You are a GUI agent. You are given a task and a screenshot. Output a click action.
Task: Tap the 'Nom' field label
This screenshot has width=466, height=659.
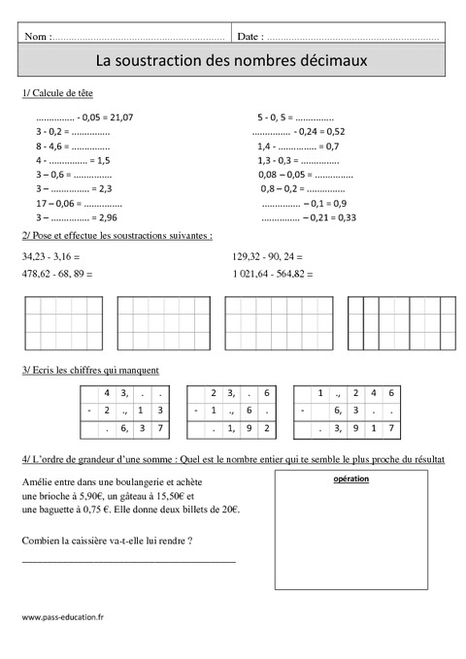tap(36, 36)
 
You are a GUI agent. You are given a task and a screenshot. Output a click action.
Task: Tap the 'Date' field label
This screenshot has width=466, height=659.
tap(249, 36)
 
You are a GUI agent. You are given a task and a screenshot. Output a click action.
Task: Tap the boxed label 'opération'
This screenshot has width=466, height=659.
tap(350, 478)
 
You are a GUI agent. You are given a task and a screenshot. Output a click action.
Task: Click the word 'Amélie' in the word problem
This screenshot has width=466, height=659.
tap(35, 481)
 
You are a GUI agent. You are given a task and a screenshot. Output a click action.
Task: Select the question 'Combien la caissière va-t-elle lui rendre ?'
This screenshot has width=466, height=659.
tap(105, 540)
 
